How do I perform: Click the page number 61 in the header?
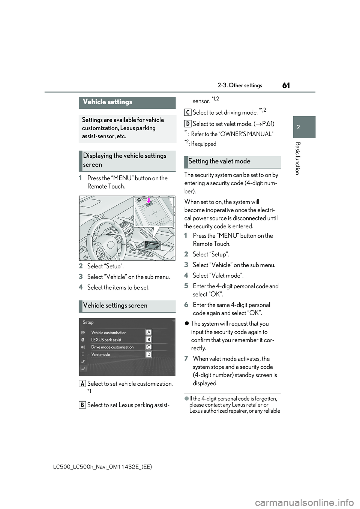[286, 85]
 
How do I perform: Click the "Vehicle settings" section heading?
[108, 102]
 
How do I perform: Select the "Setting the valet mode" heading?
[219, 162]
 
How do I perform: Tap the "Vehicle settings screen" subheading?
[115, 306]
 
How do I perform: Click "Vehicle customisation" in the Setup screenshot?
[109, 333]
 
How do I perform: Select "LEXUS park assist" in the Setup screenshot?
[106, 340]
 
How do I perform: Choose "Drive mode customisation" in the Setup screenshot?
[112, 347]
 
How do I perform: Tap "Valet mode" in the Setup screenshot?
[100, 355]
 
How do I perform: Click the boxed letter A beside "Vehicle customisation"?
[149, 332]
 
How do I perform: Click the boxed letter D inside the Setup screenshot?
[149, 354]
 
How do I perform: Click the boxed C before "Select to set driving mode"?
[188, 112]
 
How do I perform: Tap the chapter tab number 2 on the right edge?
[298, 127]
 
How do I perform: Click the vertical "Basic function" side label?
[297, 158]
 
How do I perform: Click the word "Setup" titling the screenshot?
[88, 322]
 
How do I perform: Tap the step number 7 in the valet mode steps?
[186, 359]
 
